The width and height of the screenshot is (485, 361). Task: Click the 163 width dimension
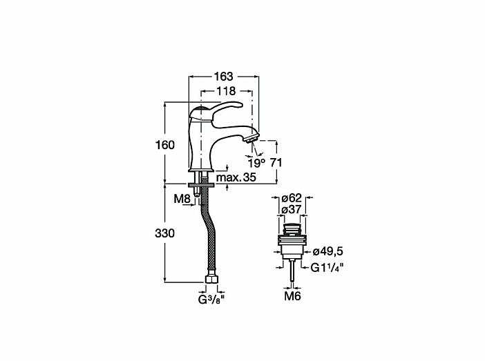point(224,76)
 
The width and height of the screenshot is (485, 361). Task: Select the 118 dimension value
point(226,91)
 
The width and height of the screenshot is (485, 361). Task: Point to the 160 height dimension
point(165,145)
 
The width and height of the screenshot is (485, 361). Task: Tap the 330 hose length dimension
point(165,233)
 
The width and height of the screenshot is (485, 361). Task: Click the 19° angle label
point(256,163)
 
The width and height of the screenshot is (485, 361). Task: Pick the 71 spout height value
point(276,163)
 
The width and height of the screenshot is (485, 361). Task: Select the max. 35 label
point(236,177)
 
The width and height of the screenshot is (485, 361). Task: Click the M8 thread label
point(182,199)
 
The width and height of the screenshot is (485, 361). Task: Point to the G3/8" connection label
point(211,299)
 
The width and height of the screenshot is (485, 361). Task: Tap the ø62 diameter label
point(292,198)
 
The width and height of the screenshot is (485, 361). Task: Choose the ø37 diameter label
point(292,209)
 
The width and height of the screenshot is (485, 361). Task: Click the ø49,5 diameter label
point(328,251)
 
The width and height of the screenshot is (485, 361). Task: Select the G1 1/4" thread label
point(327,267)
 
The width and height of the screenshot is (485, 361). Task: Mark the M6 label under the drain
point(292,296)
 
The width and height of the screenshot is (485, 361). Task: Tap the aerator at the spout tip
point(251,138)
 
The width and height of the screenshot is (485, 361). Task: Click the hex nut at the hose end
point(211,280)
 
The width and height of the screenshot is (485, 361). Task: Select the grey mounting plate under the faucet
point(201,185)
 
